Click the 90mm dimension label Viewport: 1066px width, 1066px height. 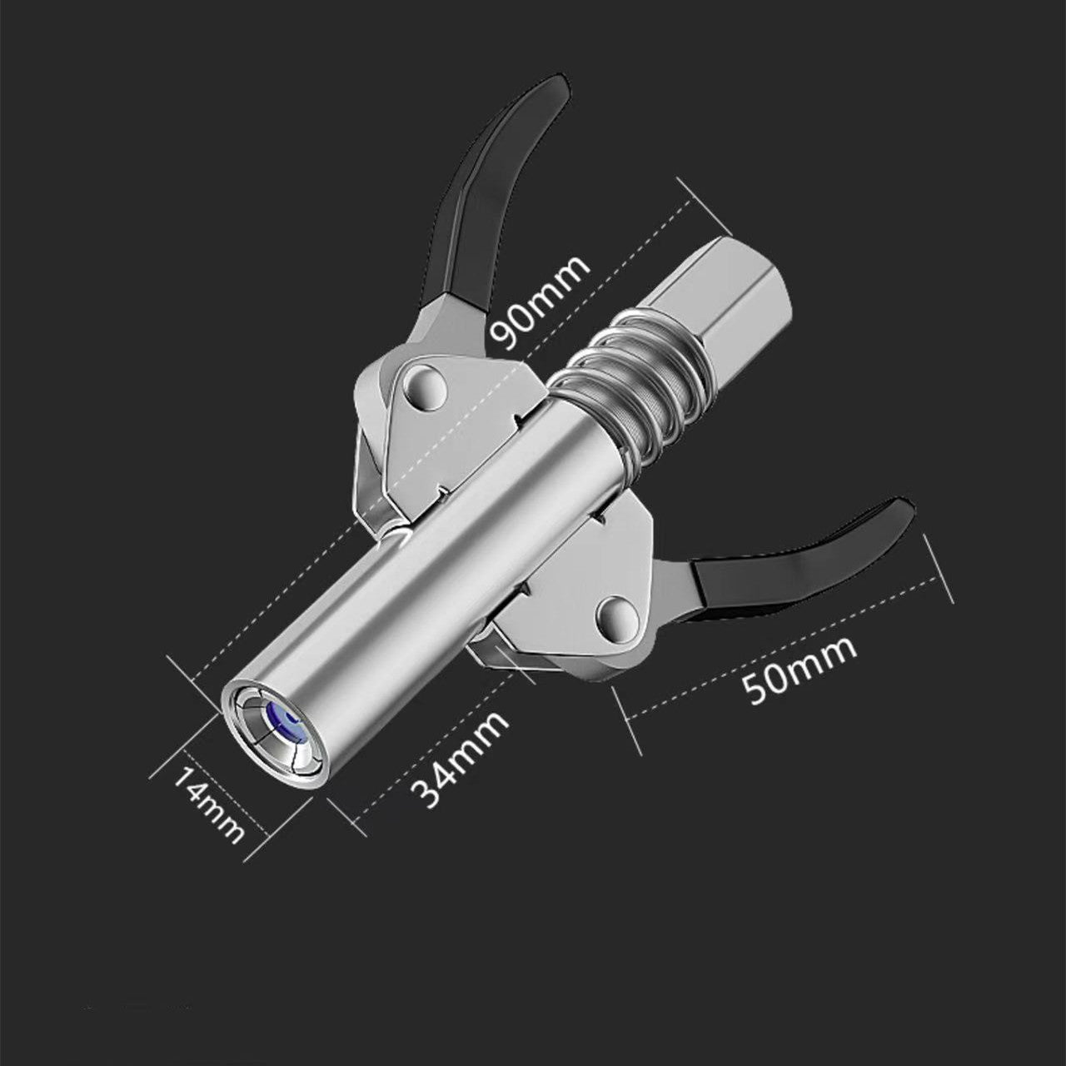(x=540, y=302)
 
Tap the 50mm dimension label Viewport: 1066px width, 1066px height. (x=799, y=670)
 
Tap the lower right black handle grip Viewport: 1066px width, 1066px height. (x=801, y=565)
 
